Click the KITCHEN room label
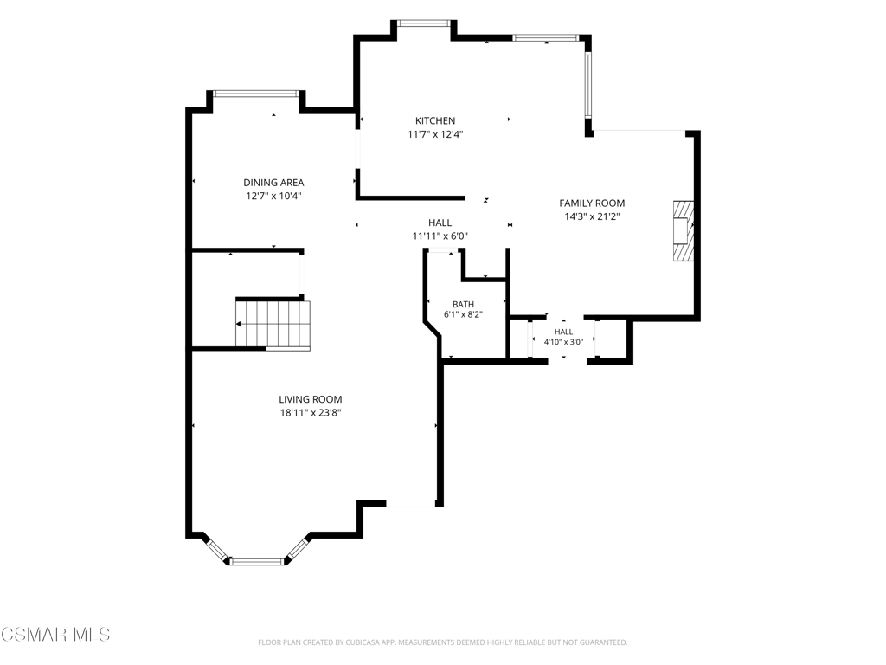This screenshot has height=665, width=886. click(435, 120)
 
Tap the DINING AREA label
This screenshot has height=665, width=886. click(273, 183)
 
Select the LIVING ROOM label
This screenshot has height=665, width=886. click(311, 399)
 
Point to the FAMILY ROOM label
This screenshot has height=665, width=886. click(592, 203)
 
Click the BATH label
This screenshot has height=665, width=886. click(464, 304)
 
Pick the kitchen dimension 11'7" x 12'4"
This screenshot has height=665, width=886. click(435, 134)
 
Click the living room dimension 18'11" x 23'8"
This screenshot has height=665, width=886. click(311, 413)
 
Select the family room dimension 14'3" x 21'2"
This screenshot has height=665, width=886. click(592, 216)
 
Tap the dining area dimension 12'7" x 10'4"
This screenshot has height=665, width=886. click(273, 197)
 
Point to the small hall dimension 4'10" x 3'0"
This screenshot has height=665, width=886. click(563, 341)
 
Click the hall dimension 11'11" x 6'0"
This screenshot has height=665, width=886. click(440, 236)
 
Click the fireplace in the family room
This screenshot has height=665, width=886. click(683, 230)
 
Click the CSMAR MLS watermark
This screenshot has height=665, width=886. click(55, 635)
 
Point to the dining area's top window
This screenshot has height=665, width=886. click(256, 94)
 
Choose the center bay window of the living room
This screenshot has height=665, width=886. click(257, 561)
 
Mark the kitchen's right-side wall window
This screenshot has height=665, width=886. click(588, 84)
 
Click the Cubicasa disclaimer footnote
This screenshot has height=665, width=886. click(442, 642)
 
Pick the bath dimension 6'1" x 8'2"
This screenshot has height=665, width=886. click(464, 315)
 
